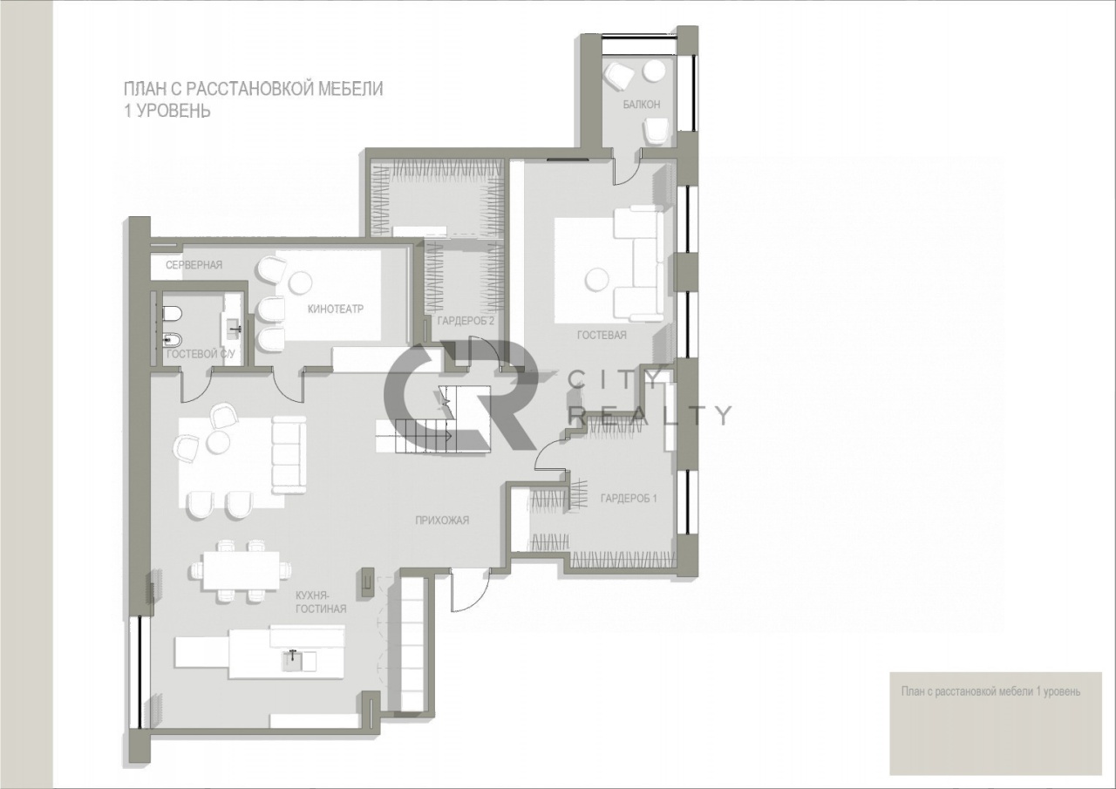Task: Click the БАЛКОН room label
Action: (x=641, y=105)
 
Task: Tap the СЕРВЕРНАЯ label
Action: (x=194, y=265)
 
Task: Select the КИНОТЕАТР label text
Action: (x=336, y=309)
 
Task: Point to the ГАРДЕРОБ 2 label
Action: (x=466, y=321)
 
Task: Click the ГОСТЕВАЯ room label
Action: (x=602, y=336)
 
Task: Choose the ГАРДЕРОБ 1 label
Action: (x=629, y=498)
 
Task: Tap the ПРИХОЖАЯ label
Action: (x=442, y=520)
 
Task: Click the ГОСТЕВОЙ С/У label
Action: (x=201, y=354)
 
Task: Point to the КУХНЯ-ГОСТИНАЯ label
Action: (x=321, y=602)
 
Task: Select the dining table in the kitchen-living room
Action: (x=241, y=571)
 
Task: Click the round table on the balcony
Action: (x=653, y=71)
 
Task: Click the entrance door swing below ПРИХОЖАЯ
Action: (x=468, y=593)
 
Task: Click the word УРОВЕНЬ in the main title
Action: (x=173, y=111)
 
